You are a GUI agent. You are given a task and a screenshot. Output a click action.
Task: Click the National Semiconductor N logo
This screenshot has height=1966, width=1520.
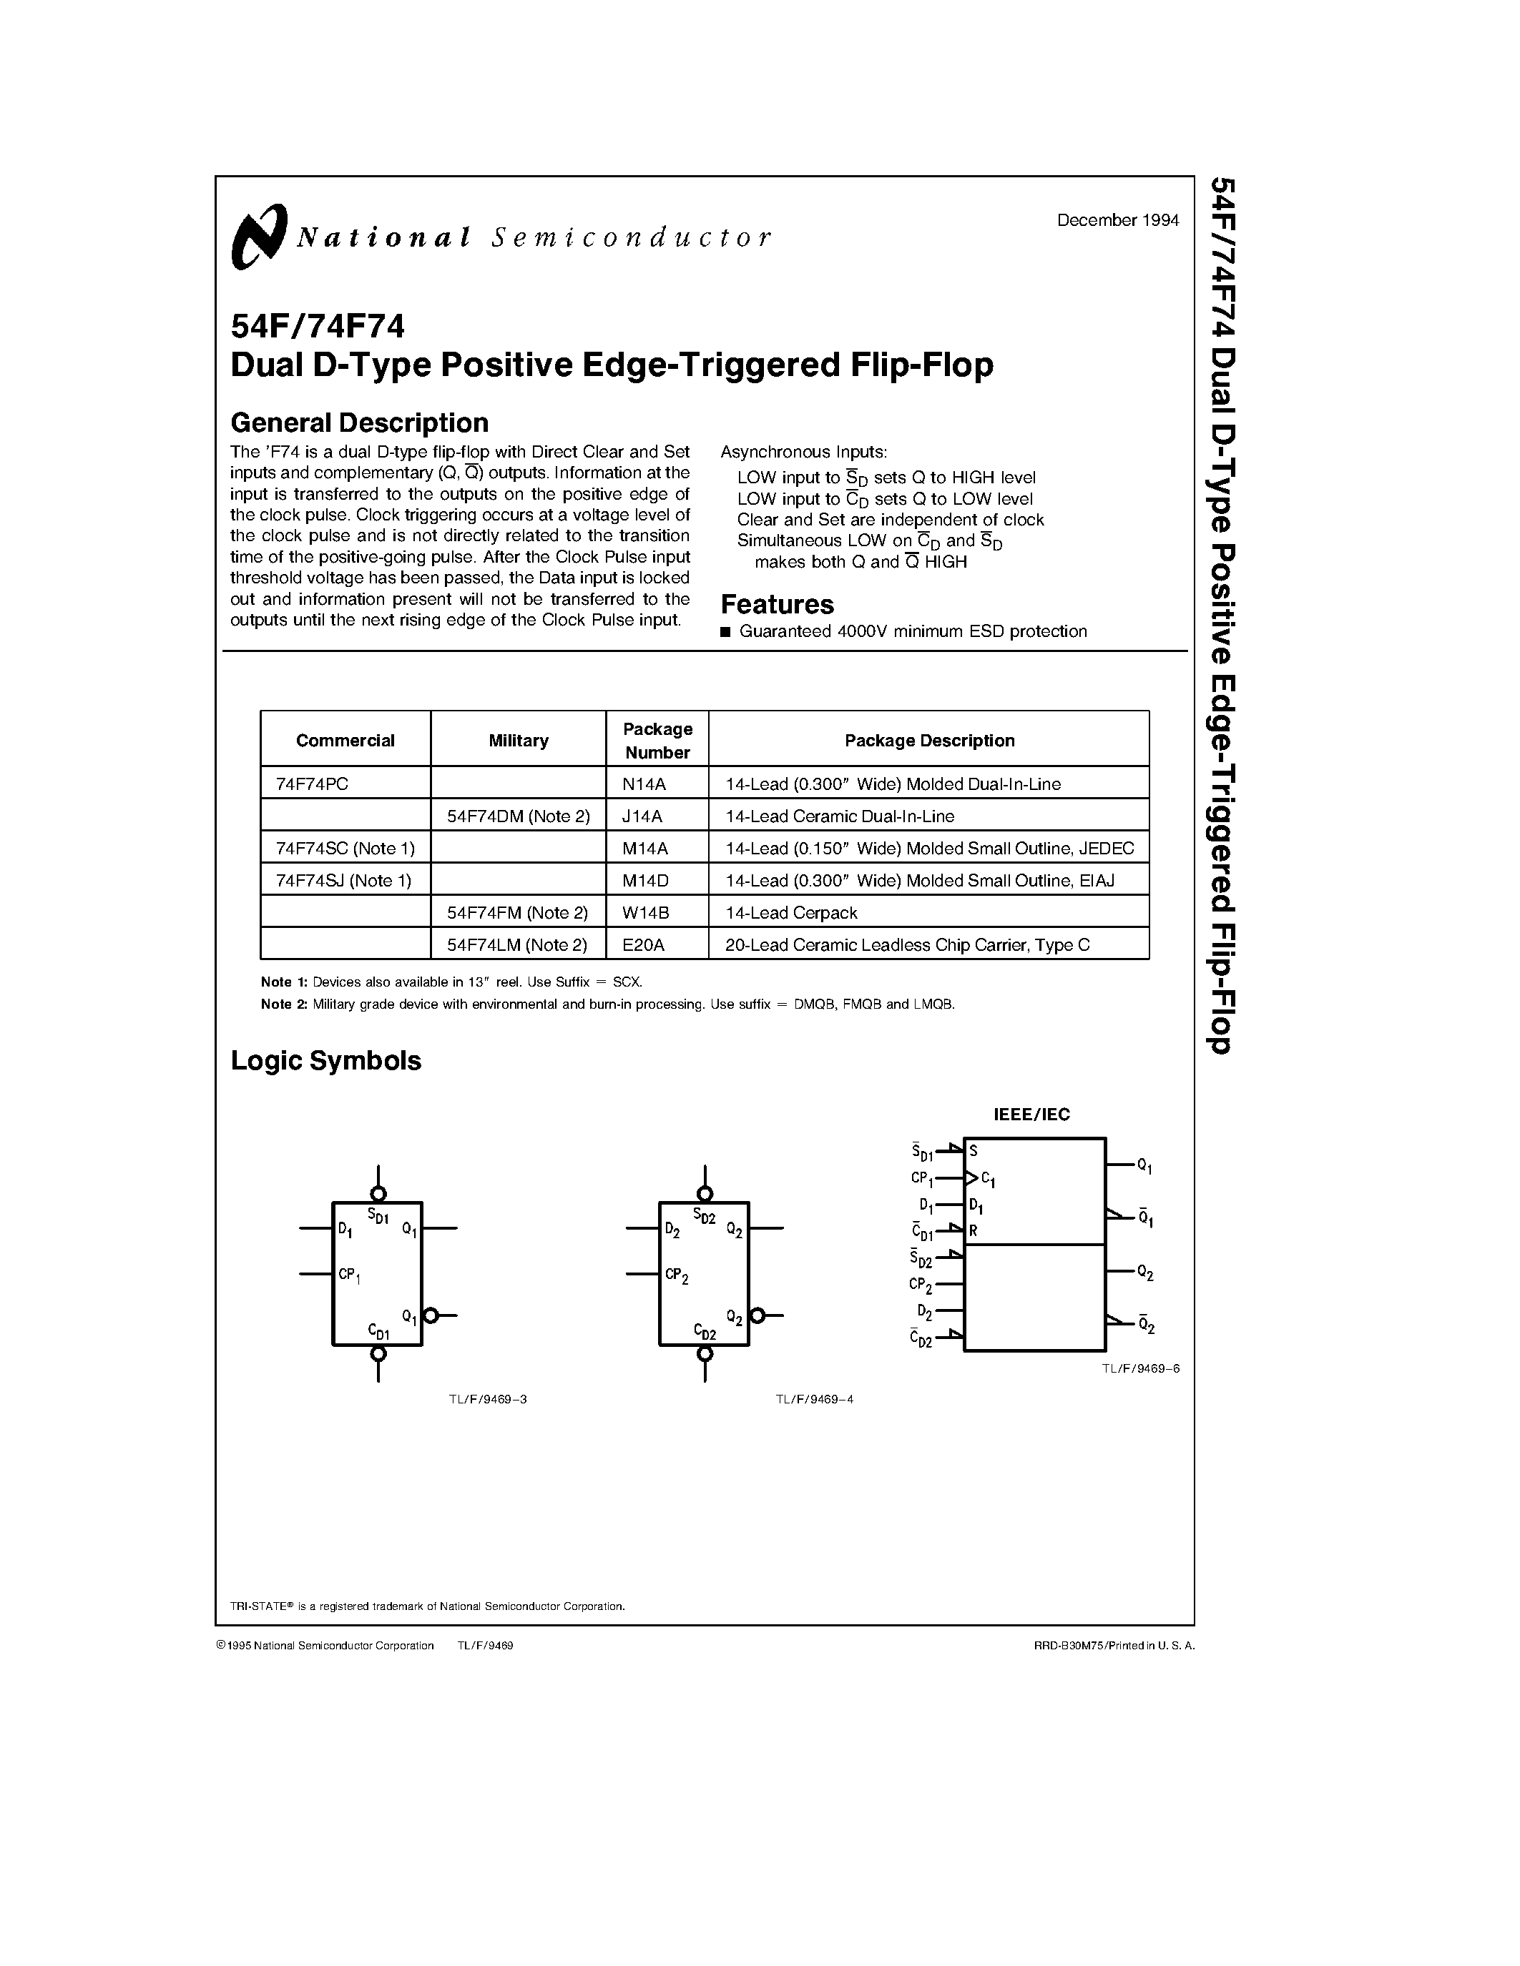tap(258, 237)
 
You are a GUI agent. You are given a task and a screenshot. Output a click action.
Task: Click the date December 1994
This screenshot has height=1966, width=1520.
tap(1117, 220)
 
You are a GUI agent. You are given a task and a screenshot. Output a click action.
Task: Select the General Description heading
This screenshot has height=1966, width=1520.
tap(359, 423)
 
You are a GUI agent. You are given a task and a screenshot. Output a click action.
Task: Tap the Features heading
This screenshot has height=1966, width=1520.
tap(777, 604)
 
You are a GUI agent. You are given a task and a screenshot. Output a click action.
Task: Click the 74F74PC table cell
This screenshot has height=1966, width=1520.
tap(312, 784)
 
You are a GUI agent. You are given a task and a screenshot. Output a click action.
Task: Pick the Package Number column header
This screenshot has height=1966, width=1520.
tap(657, 740)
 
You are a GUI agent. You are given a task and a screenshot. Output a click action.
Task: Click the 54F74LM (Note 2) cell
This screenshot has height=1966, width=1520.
tap(517, 944)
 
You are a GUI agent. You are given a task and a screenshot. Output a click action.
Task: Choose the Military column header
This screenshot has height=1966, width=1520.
tap(518, 740)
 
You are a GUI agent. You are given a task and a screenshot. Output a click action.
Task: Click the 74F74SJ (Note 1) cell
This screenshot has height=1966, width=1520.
tap(344, 880)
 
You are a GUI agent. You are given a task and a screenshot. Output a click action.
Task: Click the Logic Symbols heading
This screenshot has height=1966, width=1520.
tap(326, 1060)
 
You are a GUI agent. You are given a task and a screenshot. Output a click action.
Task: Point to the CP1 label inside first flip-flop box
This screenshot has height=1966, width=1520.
tap(349, 1275)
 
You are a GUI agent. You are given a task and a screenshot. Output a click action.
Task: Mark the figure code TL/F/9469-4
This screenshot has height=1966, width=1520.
tap(814, 1399)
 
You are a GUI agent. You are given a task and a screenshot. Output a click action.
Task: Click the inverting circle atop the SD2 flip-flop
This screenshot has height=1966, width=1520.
tap(705, 1194)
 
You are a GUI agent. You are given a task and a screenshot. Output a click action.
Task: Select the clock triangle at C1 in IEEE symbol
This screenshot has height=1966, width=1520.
tap(971, 1177)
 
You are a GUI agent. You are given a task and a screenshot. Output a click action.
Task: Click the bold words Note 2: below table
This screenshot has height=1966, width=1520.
tap(284, 1004)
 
